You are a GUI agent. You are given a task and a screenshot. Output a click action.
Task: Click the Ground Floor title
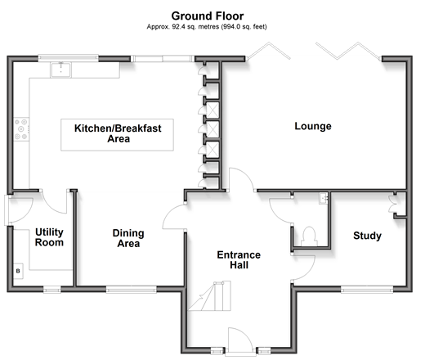pos(208,16)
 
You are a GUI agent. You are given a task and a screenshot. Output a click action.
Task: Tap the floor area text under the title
pos(207,27)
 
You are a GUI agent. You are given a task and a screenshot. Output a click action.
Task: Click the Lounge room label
pos(313,126)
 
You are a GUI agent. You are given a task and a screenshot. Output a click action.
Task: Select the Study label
pos(367,236)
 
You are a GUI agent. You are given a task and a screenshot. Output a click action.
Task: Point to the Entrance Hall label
pos(239,260)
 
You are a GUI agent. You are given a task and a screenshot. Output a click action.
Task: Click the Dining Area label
pos(128,238)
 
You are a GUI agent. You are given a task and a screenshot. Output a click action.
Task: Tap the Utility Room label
pos(49,237)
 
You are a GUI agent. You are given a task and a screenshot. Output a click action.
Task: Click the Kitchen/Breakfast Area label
pos(118,133)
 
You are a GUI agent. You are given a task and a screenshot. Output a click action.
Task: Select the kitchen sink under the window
pos(60,70)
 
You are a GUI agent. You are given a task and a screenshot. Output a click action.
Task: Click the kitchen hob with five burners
pos(21,129)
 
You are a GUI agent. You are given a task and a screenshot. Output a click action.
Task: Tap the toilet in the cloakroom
pos(309,236)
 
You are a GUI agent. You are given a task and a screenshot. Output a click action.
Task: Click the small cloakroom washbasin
pos(324,198)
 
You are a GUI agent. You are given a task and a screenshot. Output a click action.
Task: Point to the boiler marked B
pos(18,271)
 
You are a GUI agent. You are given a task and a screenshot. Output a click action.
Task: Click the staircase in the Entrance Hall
pos(210,296)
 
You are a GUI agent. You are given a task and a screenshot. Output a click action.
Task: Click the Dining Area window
pos(131,290)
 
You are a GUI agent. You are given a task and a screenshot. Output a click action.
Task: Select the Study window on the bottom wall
pos(367,290)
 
